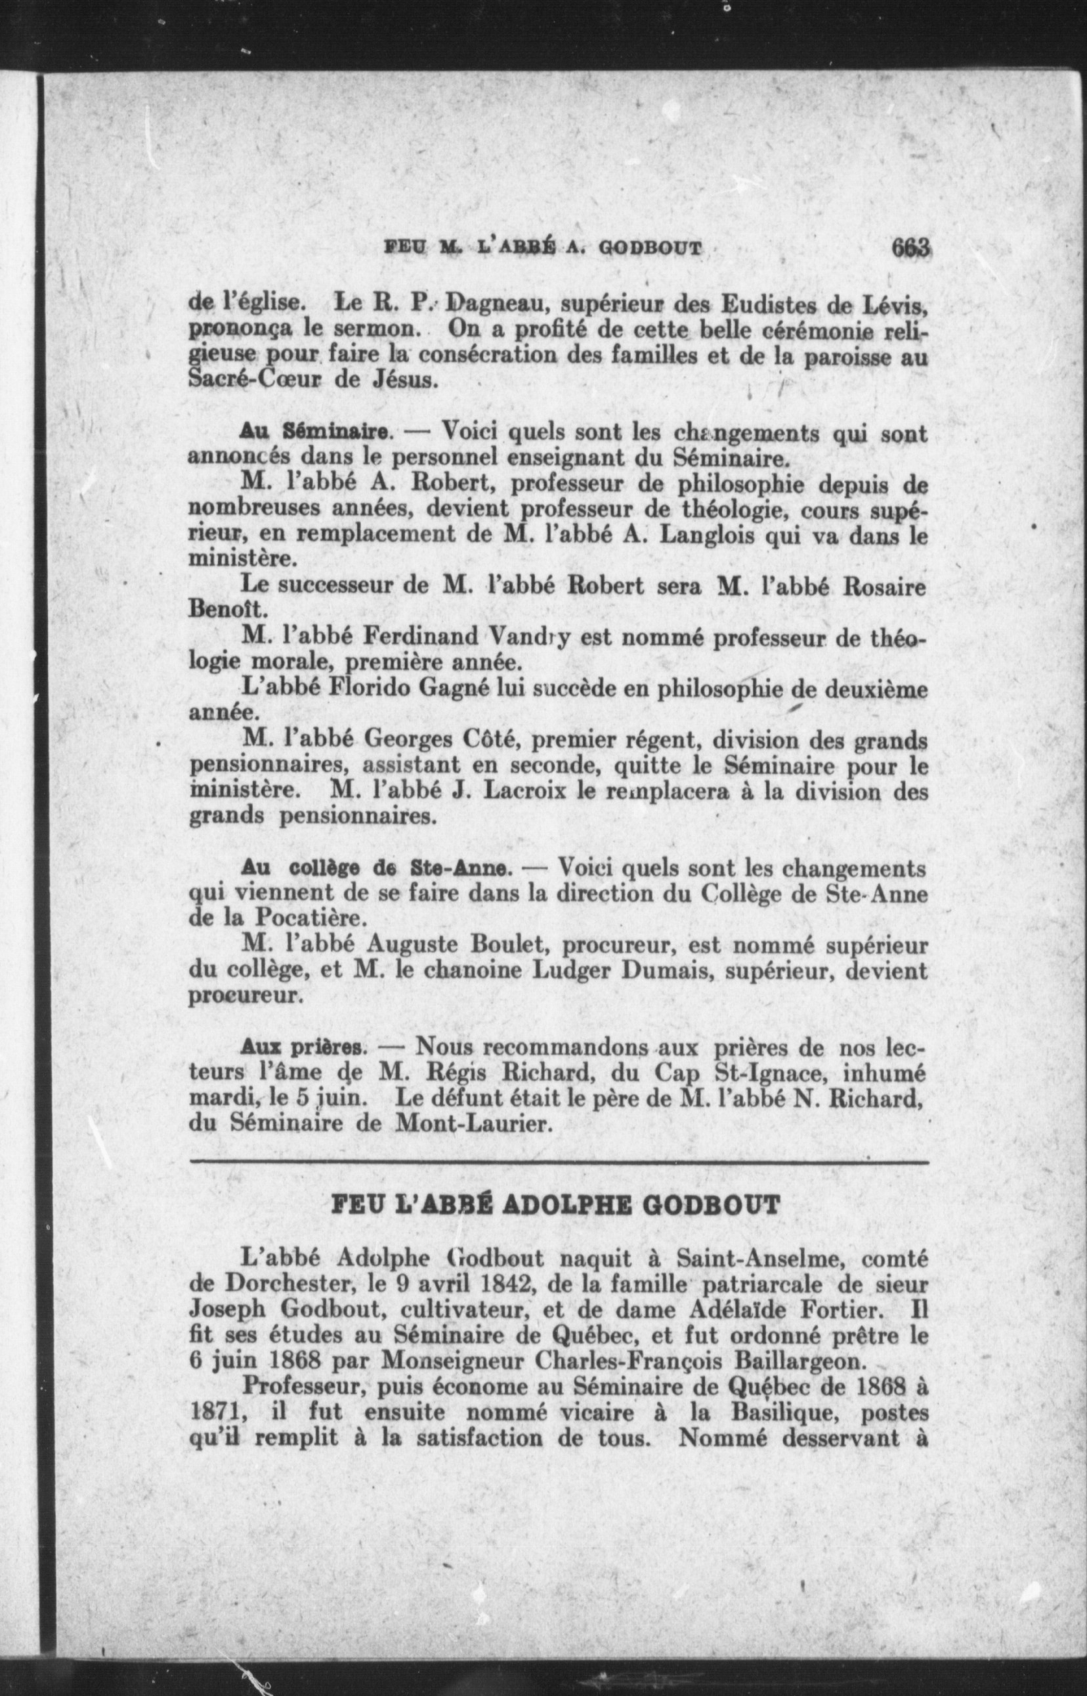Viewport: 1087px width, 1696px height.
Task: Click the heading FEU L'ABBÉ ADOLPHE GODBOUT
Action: [x=555, y=1204]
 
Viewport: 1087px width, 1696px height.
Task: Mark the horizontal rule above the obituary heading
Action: [x=559, y=1161]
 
